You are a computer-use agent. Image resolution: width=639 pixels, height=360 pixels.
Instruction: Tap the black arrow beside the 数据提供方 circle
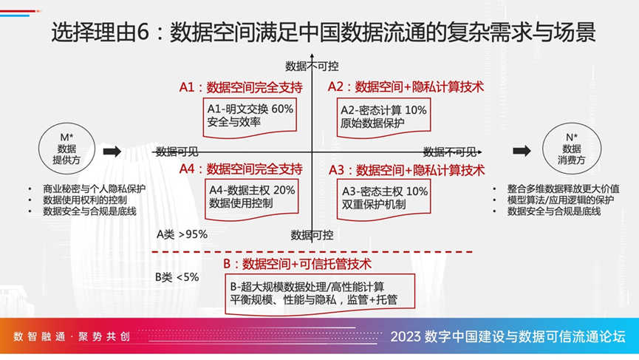(112, 152)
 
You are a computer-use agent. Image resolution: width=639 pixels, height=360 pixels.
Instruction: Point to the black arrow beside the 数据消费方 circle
(522, 151)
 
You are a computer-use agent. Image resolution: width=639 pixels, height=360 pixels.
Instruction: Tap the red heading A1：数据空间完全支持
(241, 87)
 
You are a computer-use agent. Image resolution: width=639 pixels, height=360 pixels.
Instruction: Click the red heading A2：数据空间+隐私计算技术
(406, 86)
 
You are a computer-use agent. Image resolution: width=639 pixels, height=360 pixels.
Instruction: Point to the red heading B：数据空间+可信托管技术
(297, 264)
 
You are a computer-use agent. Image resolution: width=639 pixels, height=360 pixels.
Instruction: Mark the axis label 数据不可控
(312, 66)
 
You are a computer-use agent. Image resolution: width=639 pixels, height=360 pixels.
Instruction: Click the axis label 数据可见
(177, 152)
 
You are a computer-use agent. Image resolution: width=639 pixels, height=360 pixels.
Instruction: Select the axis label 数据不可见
(450, 152)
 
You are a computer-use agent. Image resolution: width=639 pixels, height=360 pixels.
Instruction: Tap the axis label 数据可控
(312, 235)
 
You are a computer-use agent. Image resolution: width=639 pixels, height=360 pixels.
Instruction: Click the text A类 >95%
(182, 234)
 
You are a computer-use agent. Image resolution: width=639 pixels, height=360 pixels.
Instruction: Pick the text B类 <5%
(177, 277)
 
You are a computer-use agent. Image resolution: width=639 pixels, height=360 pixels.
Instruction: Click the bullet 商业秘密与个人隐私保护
(94, 189)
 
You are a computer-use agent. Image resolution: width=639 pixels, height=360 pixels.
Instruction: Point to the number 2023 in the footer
(406, 337)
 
